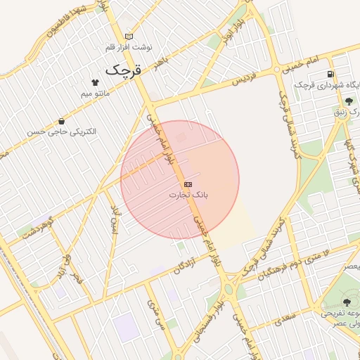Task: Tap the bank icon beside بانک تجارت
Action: [187, 184]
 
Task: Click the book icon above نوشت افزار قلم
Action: [128, 37]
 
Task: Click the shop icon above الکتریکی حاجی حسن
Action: [62, 121]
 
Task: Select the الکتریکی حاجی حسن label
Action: [62, 131]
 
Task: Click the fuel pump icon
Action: [330, 75]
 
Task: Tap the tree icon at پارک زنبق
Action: [349, 102]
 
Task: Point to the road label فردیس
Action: [243, 80]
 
